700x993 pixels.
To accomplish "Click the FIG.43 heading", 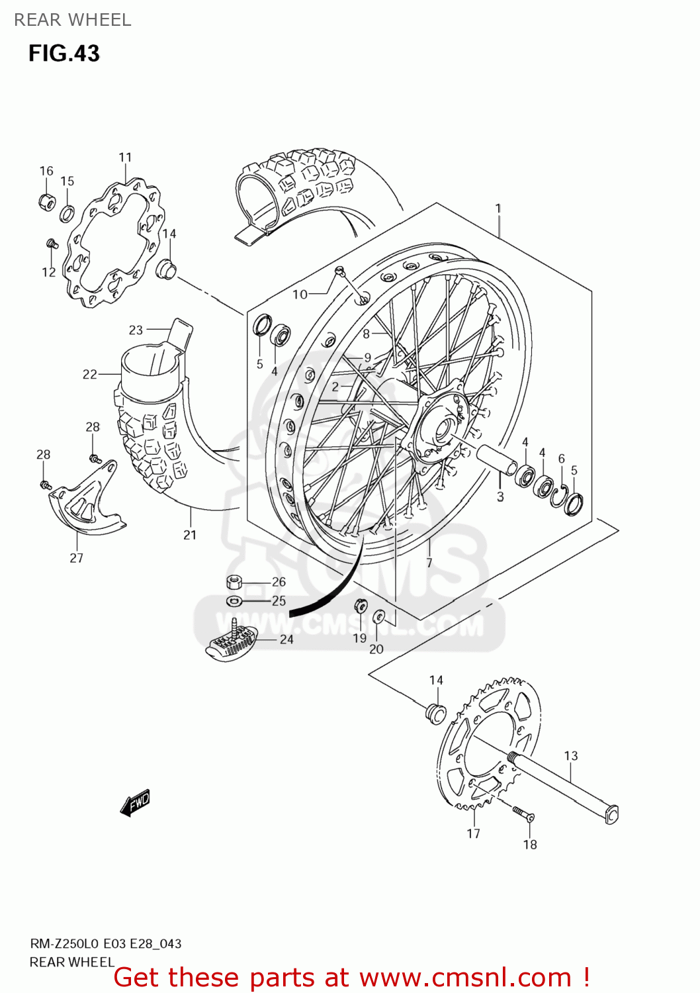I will pyautogui.click(x=64, y=53).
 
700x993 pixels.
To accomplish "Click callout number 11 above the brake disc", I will pyautogui.click(x=125, y=158).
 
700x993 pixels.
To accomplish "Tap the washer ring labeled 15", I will pyautogui.click(x=67, y=214).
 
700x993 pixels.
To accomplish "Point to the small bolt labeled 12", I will pyautogui.click(x=52, y=245).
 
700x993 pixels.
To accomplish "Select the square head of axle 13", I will pyautogui.click(x=612, y=814).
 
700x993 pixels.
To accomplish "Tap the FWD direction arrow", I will pyautogui.click(x=136, y=802).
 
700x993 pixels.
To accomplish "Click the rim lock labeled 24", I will pyautogui.click(x=231, y=642).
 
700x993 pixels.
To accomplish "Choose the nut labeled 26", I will pyautogui.click(x=234, y=583).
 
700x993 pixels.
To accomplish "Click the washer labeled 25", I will pyautogui.click(x=234, y=601).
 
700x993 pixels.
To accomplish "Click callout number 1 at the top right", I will pyautogui.click(x=498, y=209).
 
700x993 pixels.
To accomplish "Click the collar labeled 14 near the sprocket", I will pyautogui.click(x=435, y=714).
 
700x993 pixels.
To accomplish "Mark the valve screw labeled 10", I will pyautogui.click(x=339, y=270).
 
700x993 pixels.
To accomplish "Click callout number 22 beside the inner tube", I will pyautogui.click(x=89, y=375).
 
